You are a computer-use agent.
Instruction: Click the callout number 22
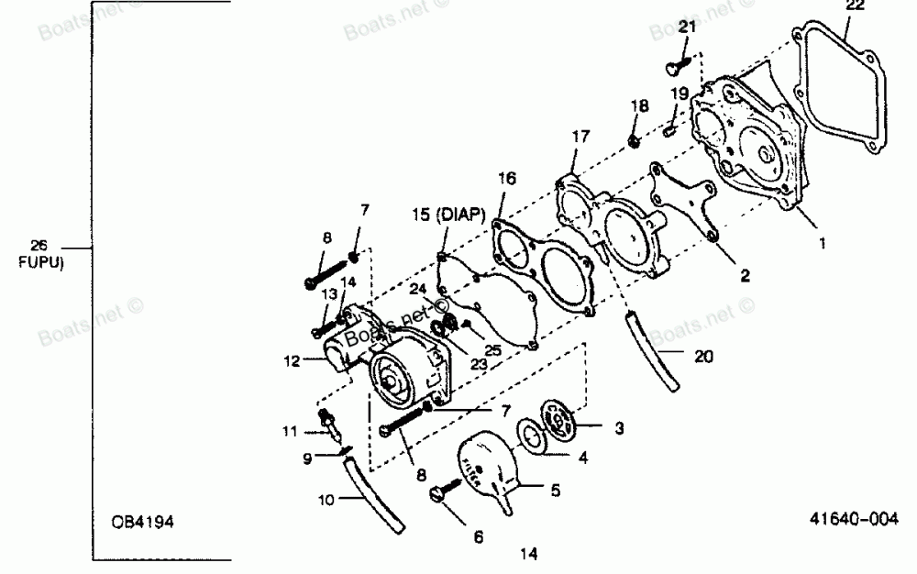pyautogui.click(x=855, y=6)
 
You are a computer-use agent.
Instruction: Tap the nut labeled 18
pyautogui.click(x=635, y=139)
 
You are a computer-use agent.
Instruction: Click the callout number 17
pyautogui.click(x=580, y=137)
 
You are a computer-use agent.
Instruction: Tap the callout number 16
pyautogui.click(x=507, y=177)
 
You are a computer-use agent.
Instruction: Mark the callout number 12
pyautogui.click(x=292, y=360)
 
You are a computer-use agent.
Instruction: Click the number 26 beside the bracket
pyautogui.click(x=39, y=245)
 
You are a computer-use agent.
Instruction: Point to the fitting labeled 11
pyautogui.click(x=328, y=423)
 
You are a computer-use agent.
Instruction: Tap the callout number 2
pyautogui.click(x=745, y=274)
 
